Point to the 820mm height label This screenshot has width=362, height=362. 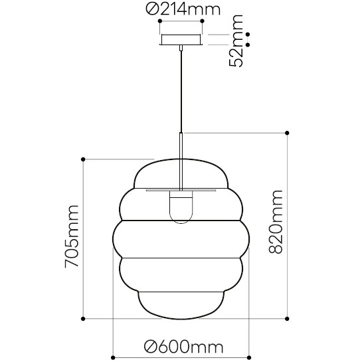[x=275, y=222]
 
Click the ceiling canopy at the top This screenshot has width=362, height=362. [x=181, y=41]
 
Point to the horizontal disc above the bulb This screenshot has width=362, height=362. [x=181, y=188]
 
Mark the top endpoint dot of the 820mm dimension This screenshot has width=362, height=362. [x=287, y=133]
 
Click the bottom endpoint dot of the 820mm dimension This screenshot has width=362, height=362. [x=287, y=319]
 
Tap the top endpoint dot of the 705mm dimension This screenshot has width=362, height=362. [x=83, y=159]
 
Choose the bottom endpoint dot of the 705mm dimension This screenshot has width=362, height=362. [x=83, y=319]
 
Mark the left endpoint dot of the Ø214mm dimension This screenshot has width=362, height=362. [x=159, y=21]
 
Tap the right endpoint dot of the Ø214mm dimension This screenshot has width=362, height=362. [x=203, y=21]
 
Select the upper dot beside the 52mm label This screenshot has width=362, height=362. [x=248, y=34]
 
